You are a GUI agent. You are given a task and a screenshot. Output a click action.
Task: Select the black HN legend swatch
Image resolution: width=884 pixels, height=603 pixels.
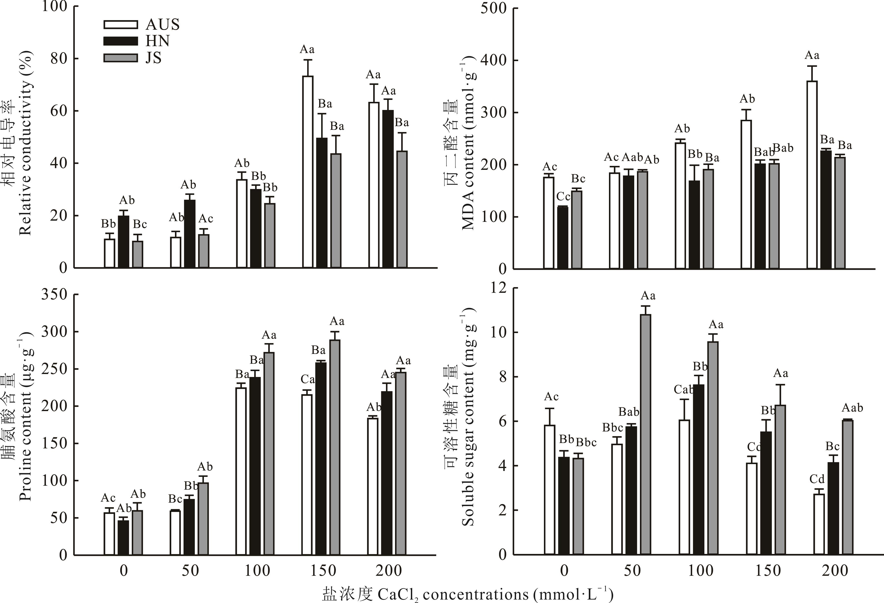pyautogui.click(x=120, y=41)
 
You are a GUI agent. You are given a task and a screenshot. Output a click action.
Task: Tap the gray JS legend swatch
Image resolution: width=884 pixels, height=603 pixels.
pyautogui.click(x=120, y=58)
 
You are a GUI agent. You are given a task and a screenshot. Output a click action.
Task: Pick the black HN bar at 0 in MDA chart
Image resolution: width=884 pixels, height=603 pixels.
pyautogui.click(x=563, y=237)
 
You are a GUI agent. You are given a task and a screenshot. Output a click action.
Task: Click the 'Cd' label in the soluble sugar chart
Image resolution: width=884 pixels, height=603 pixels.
pyautogui.click(x=817, y=479)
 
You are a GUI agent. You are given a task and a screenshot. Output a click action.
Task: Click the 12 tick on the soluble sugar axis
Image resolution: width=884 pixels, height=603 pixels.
pyautogui.click(x=498, y=288)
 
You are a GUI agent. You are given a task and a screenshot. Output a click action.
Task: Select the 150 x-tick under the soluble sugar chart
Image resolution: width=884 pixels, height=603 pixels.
pyautogui.click(x=768, y=571)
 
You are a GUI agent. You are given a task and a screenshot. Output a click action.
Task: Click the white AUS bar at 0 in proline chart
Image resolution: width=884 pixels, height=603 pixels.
pyautogui.click(x=109, y=534)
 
